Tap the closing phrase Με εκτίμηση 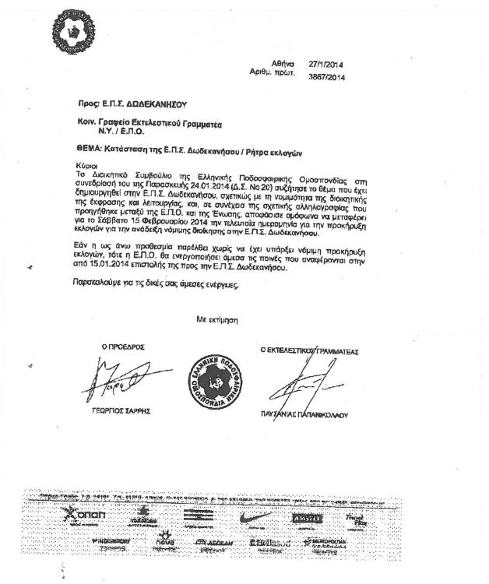pos(221,319)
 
